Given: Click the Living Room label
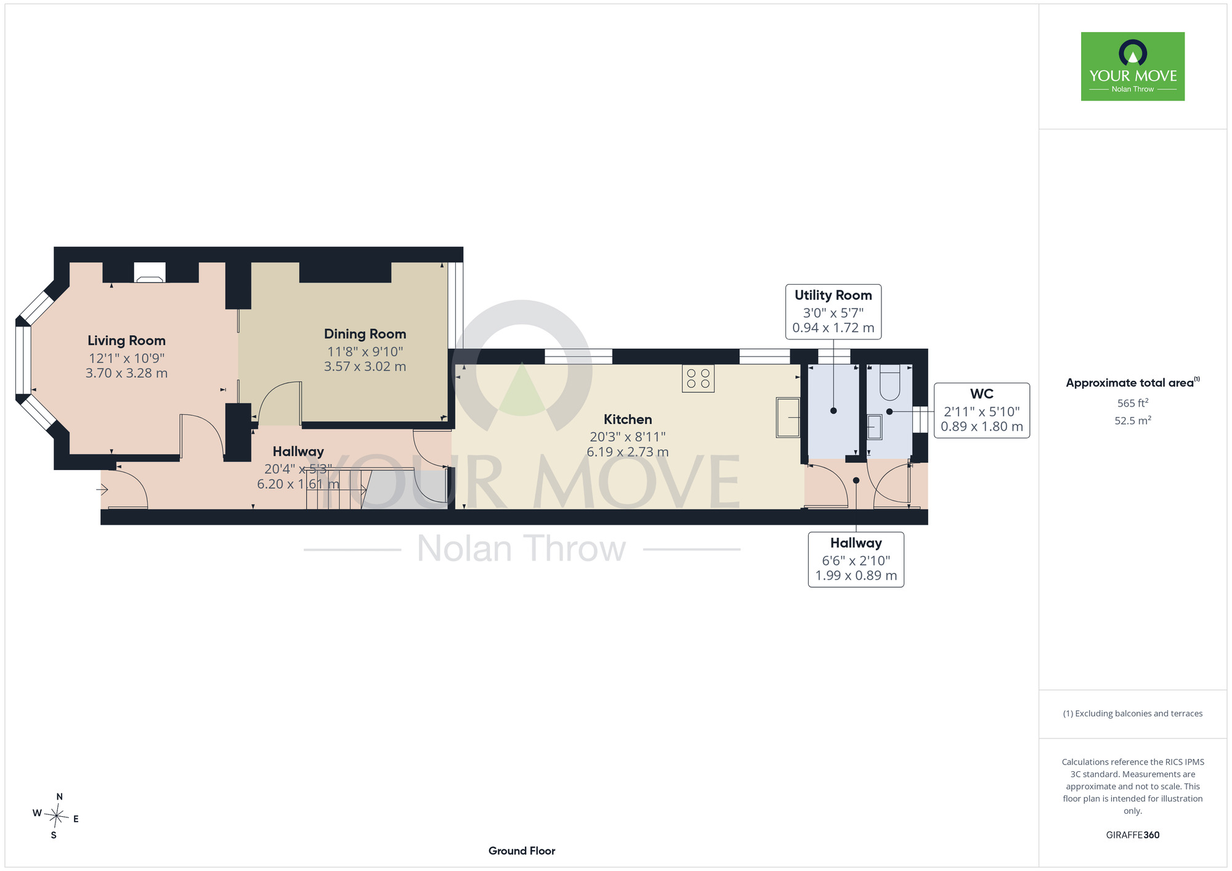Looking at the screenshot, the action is [x=126, y=341].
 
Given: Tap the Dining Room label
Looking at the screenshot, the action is [x=365, y=334].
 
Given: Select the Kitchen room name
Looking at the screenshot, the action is [x=628, y=419].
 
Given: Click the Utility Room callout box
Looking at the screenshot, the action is [x=833, y=312].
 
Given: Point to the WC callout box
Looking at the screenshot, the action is [x=982, y=410].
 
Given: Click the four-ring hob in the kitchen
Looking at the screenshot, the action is [x=698, y=379].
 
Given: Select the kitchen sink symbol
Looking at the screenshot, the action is [x=788, y=418].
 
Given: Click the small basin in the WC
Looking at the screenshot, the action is [x=875, y=427].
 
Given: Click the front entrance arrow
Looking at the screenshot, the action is [x=102, y=490].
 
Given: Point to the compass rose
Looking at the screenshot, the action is [x=56, y=817].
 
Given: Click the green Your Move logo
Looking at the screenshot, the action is [x=1133, y=67].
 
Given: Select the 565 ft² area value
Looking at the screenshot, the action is [x=1133, y=403].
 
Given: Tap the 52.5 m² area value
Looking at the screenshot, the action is [x=1133, y=420].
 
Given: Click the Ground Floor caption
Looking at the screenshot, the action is [x=522, y=851].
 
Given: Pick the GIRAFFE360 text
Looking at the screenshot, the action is [x=1133, y=835].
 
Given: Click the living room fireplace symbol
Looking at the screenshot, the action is [x=150, y=272].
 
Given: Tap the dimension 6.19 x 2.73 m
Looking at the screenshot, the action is [x=628, y=452].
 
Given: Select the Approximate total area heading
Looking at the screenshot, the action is [x=1133, y=383].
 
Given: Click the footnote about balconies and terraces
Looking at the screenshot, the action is [x=1133, y=713].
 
